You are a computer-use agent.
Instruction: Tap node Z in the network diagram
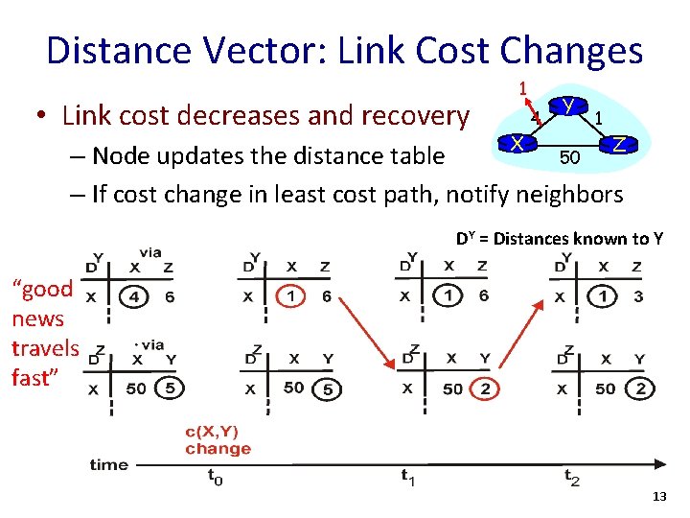click(620, 145)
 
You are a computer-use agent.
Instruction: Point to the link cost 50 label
click(569, 156)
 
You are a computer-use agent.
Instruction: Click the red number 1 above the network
click(522, 88)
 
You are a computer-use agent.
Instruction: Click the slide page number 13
click(658, 497)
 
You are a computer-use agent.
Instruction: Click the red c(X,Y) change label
click(218, 440)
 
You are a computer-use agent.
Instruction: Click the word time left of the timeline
click(108, 464)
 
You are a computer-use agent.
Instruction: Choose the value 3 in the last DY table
click(638, 296)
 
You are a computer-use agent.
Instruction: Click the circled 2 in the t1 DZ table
click(485, 388)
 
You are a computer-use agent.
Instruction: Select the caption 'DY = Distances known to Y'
click(559, 239)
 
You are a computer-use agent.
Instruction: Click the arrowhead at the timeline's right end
click(661, 465)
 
